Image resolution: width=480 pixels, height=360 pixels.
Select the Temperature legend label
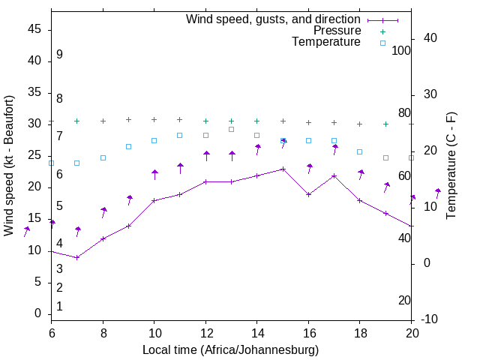coord(326,42)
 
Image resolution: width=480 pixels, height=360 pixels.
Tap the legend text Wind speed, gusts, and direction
coord(273,19)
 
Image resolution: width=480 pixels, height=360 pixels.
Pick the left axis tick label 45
coord(34,29)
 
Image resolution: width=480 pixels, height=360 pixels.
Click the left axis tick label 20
coord(34,187)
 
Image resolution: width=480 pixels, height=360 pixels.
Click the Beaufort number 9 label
coord(59,55)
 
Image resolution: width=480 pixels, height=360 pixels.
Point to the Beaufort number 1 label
coord(59,306)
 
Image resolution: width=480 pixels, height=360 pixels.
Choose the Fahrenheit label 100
coord(401,50)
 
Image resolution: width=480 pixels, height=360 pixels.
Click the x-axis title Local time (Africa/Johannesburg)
coord(231,349)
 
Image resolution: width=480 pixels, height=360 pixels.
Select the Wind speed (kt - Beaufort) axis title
coord(9,165)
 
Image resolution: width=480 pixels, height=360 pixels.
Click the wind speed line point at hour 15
coord(283,169)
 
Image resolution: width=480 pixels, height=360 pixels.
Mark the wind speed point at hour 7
coord(77,257)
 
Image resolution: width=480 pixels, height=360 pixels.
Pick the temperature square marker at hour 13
coord(231,129)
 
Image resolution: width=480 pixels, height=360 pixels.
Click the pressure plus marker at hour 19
coord(385,124)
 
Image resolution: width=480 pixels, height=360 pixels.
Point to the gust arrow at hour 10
coord(154,174)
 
